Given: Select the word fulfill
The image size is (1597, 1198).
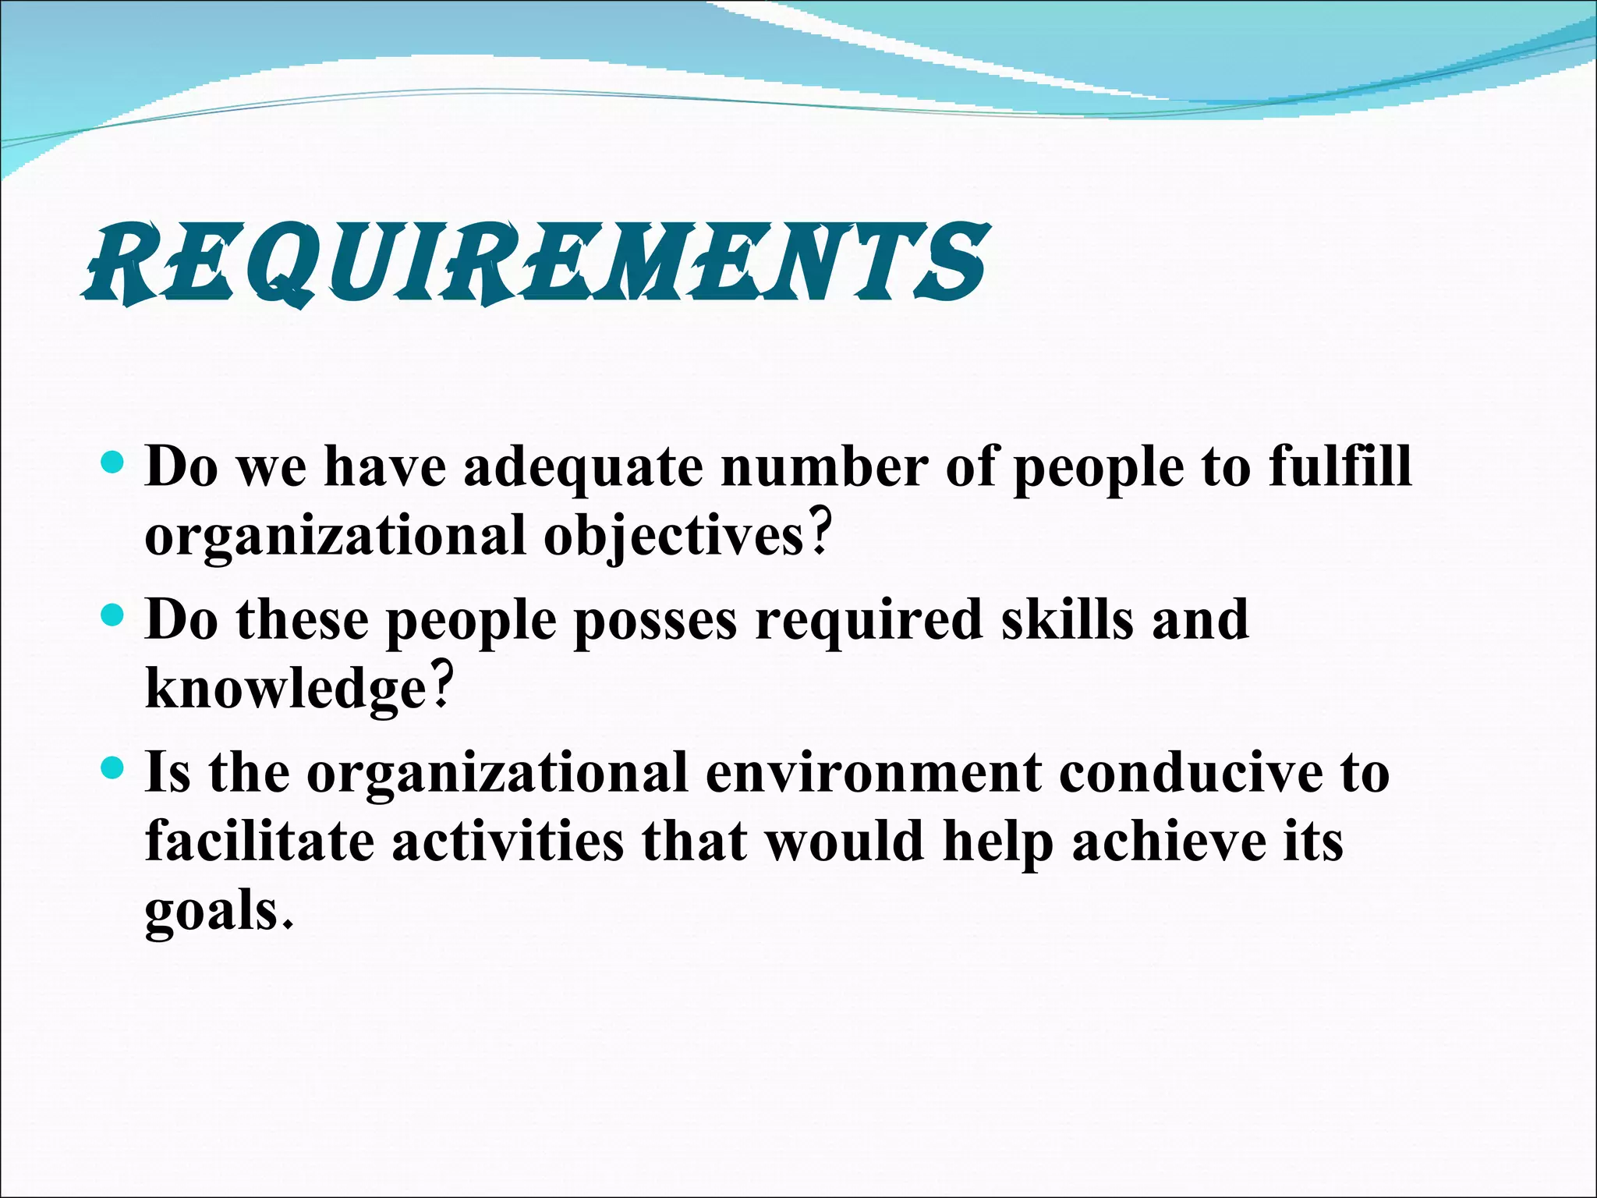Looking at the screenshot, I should pyautogui.click(x=1340, y=466).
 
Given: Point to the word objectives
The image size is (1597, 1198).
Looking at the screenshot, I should pyautogui.click(x=674, y=537).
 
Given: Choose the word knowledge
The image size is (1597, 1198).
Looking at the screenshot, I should pyautogui.click(x=285, y=689).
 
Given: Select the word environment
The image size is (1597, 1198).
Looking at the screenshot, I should pyautogui.click(x=873, y=773).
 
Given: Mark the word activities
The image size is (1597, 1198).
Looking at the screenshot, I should pyautogui.click(x=508, y=842).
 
